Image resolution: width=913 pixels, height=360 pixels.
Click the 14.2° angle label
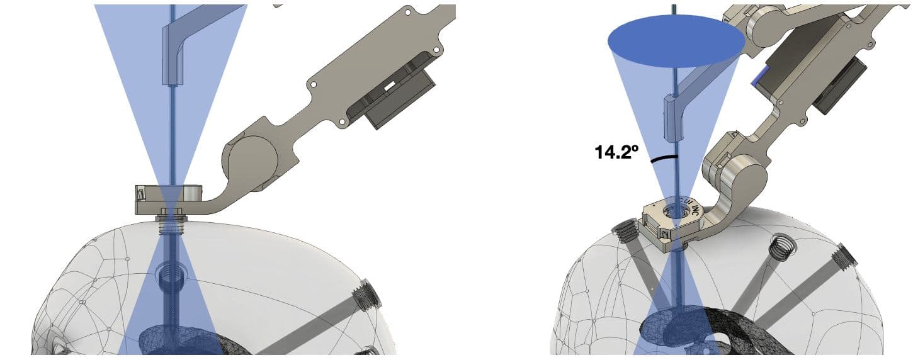point(616,152)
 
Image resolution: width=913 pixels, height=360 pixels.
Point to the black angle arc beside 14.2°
point(664,159)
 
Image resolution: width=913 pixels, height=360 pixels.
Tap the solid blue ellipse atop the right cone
point(676,41)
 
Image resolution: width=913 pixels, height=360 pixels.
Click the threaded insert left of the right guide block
point(625,232)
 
